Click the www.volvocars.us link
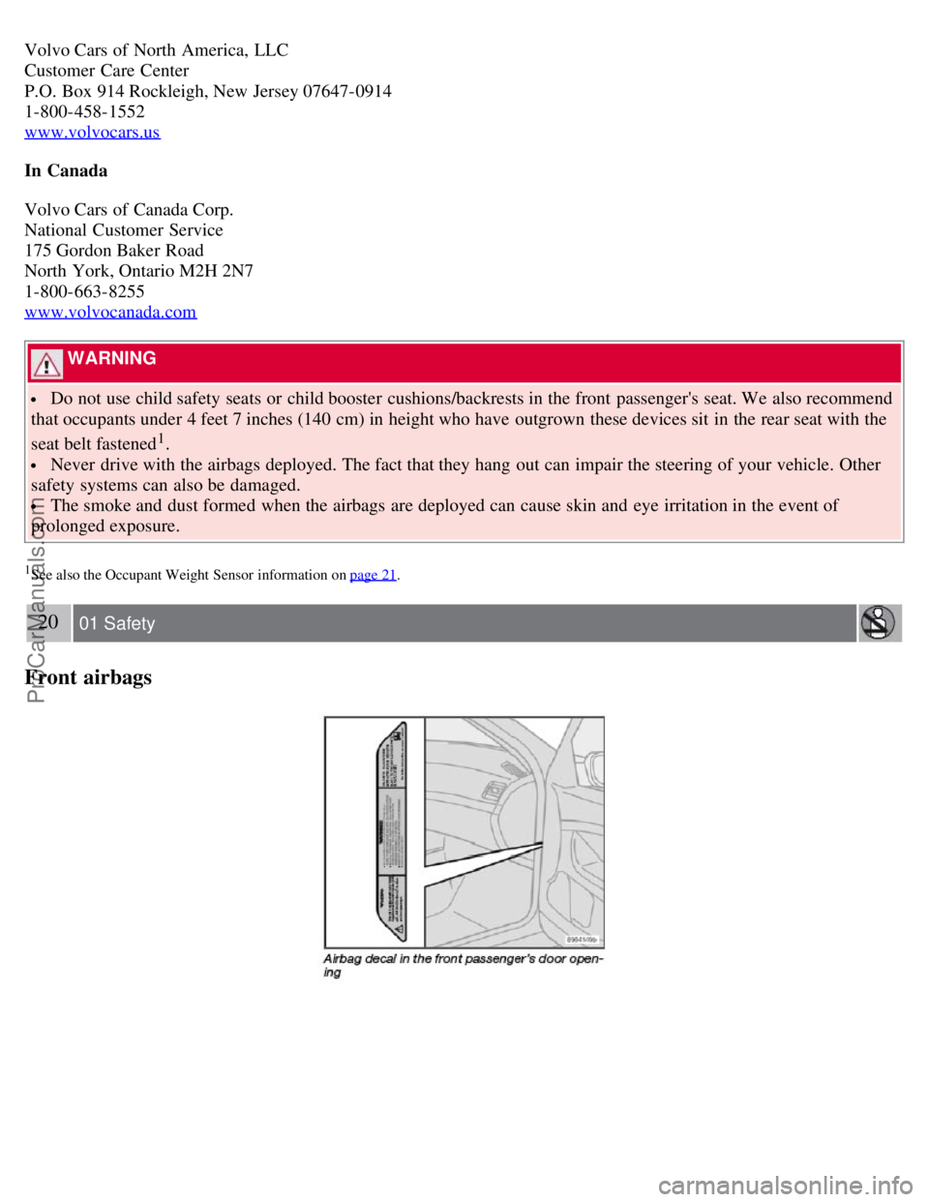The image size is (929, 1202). [92, 132]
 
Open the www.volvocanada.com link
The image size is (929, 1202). [110, 312]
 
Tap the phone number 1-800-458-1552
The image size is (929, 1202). [84, 111]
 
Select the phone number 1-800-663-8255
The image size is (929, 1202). [84, 291]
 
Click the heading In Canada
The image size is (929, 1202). [66, 170]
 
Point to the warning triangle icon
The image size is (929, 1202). [45, 364]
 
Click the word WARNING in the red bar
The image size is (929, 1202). [112, 358]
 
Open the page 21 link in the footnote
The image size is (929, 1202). [373, 575]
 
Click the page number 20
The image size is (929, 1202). [48, 622]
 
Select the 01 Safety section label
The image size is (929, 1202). [117, 624]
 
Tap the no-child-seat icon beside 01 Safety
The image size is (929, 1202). [879, 623]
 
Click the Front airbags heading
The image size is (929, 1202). [88, 677]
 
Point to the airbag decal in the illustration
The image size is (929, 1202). [384, 831]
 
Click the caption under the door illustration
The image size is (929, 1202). [463, 965]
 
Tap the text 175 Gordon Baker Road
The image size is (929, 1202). [114, 251]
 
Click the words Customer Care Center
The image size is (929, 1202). [106, 71]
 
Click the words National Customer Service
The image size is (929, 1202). [124, 230]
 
